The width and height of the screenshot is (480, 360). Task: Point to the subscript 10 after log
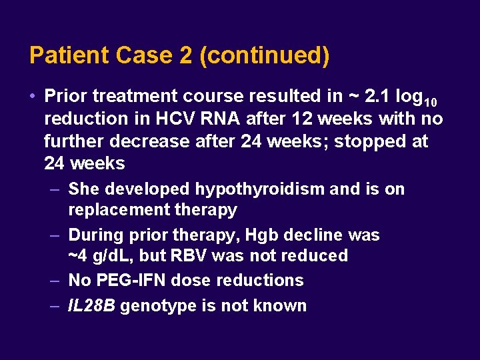pyautogui.click(x=430, y=101)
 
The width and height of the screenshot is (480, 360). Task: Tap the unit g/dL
pyautogui.click(x=102, y=256)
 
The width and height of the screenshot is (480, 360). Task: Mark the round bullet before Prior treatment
pyautogui.click(x=33, y=97)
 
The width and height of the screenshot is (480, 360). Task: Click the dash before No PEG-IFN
pyautogui.click(x=56, y=281)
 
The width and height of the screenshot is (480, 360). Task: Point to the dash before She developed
pyautogui.click(x=56, y=189)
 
